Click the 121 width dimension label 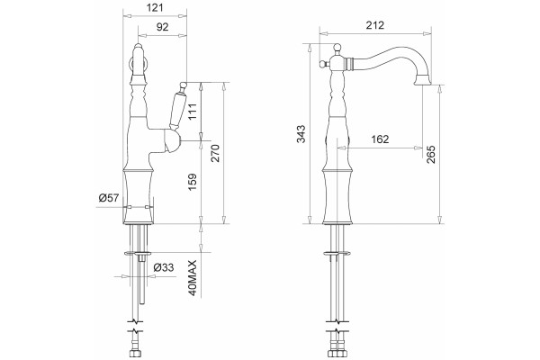tap(155, 7)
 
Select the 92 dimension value tap(163, 26)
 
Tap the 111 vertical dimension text tap(193, 112)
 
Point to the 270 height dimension tap(214, 153)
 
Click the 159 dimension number tap(193, 182)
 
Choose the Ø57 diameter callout tap(109, 198)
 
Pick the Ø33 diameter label tap(164, 267)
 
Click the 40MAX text tap(193, 278)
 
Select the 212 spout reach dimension tap(375, 25)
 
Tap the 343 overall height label tap(301, 134)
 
